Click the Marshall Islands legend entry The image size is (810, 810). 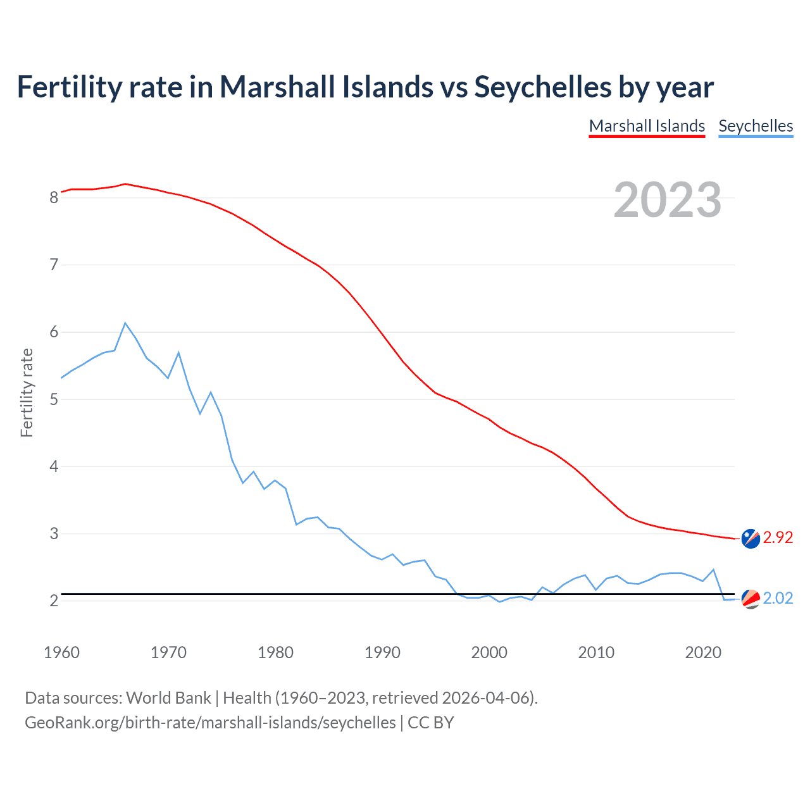tap(647, 126)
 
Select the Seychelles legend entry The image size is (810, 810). tap(756, 126)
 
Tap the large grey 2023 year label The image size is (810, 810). tap(668, 200)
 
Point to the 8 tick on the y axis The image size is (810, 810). tap(54, 197)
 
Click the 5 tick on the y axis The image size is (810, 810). tap(54, 399)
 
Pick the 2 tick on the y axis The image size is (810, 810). tap(54, 601)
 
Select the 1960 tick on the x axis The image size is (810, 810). tap(61, 652)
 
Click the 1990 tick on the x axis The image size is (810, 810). tap(382, 652)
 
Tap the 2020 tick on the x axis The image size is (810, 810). tap(703, 652)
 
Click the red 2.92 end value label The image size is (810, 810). tap(778, 537)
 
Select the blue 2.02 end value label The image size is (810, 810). tap(778, 598)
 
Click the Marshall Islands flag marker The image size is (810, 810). tap(751, 539)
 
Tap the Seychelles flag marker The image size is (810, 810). tap(751, 599)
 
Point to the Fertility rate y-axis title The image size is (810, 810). tap(27, 392)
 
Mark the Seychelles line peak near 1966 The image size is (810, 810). tap(125, 323)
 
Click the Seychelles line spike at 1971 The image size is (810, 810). tap(178, 352)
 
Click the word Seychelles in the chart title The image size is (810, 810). tap(542, 87)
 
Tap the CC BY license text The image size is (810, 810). tap(430, 723)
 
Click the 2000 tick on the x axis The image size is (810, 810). tap(489, 652)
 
